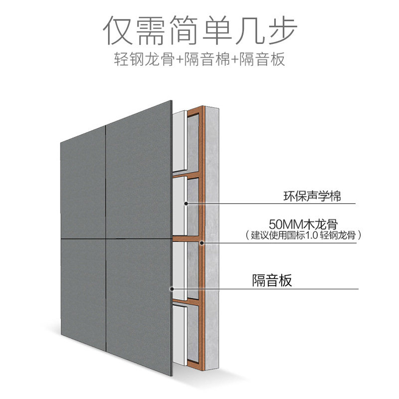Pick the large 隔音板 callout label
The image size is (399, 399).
click(x=272, y=280)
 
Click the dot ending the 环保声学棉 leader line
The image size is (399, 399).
click(x=186, y=203)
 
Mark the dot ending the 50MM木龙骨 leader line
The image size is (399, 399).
click(x=201, y=243)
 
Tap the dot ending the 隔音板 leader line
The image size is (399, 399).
click(x=173, y=289)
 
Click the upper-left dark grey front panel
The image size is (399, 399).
click(x=83, y=185)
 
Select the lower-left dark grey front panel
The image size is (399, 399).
click(x=83, y=289)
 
